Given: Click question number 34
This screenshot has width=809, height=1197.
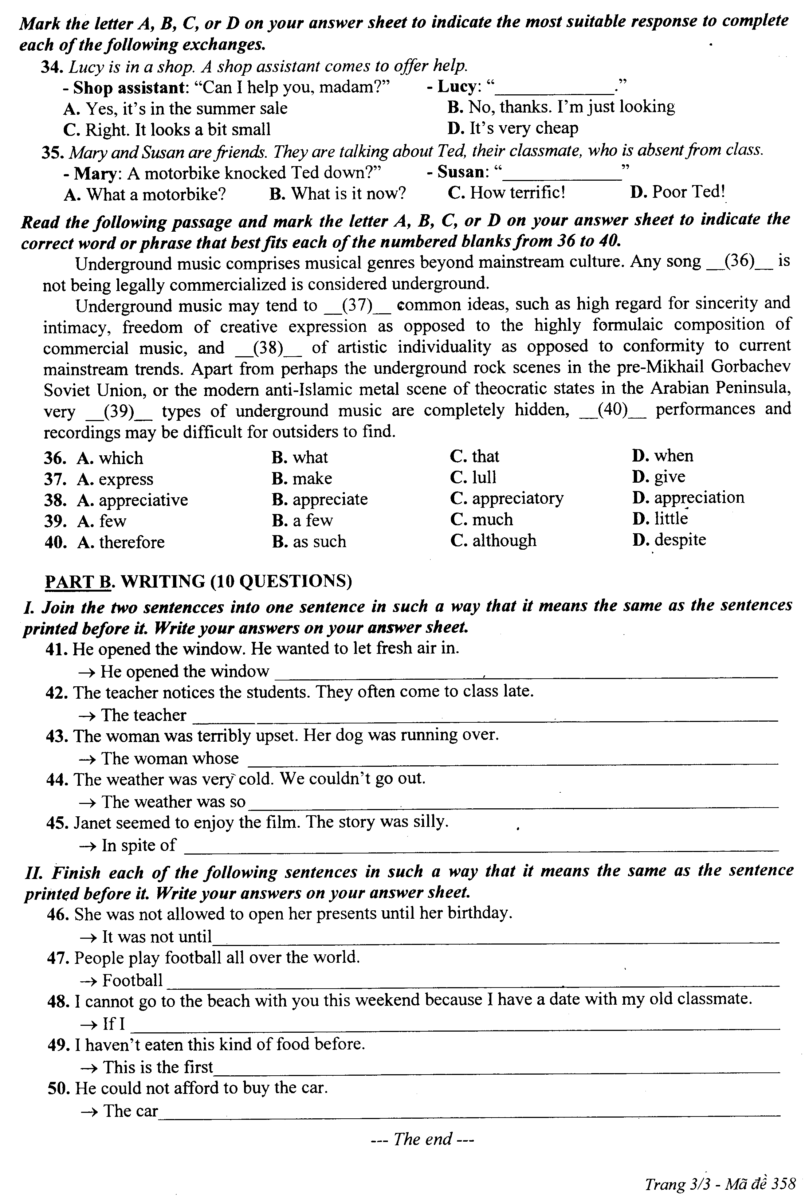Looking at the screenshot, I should tap(52, 67).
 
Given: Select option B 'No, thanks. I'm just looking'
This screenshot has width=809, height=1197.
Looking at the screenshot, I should tap(561, 107).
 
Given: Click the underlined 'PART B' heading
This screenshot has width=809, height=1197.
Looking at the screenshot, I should tap(78, 581).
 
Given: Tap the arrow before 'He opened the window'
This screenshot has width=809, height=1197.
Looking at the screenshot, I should tap(87, 672).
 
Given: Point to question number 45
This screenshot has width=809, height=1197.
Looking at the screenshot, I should tap(57, 823).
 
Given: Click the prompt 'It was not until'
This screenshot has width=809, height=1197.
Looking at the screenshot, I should tap(157, 935).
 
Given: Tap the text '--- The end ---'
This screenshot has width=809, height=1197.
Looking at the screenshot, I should tap(422, 1139).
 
